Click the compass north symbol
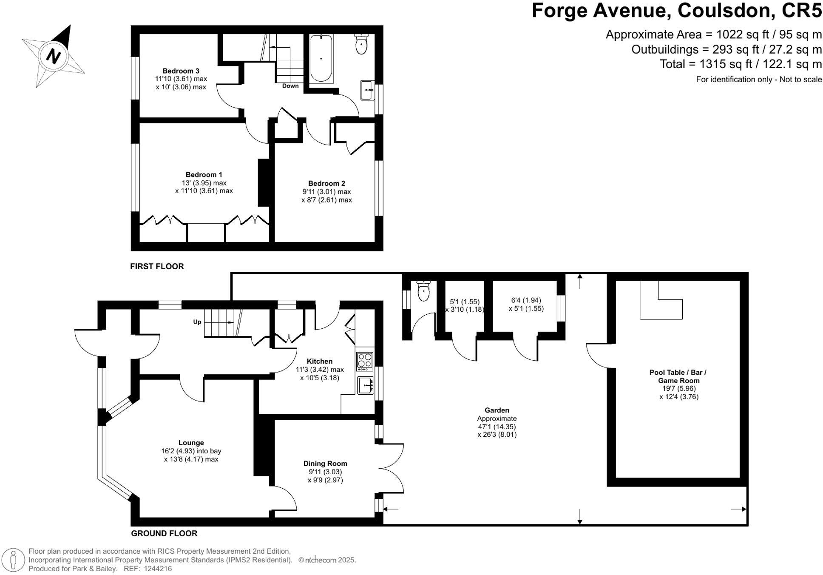pyautogui.click(x=53, y=56)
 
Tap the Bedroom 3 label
pyautogui.click(x=181, y=71)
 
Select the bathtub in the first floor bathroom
pyautogui.click(x=321, y=58)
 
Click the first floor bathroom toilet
pyautogui.click(x=361, y=44)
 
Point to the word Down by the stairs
pyautogui.click(x=290, y=86)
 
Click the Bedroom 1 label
pyautogui.click(x=204, y=174)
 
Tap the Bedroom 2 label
pyautogui.click(x=326, y=183)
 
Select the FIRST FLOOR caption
pyautogui.click(x=157, y=266)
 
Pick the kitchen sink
pyautogui.click(x=365, y=385)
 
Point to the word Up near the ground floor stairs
pyautogui.click(x=197, y=322)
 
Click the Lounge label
pyautogui.click(x=191, y=443)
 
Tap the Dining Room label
pyautogui.click(x=325, y=464)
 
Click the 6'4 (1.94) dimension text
pyautogui.click(x=526, y=300)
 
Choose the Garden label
pyautogui.click(x=497, y=410)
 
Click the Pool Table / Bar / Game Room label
pyautogui.click(x=678, y=376)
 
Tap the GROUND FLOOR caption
pyautogui.click(x=164, y=533)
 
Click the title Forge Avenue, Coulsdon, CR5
pyautogui.click(x=677, y=11)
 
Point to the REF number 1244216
pyautogui.click(x=158, y=569)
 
